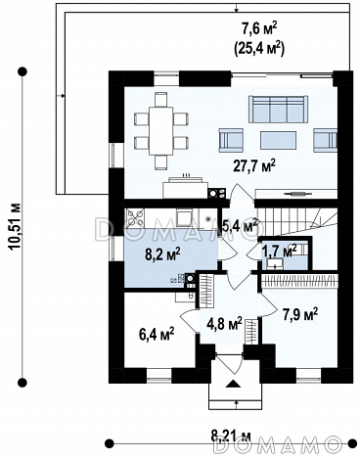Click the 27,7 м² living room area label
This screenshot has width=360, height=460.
pyautogui.click(x=255, y=165)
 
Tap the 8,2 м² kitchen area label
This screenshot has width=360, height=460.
pyautogui.click(x=162, y=254)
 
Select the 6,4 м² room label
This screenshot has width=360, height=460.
pyautogui.click(x=157, y=335)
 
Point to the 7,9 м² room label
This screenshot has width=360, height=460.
pyautogui.click(x=300, y=315)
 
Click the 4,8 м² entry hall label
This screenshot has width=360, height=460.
pyautogui.click(x=224, y=325)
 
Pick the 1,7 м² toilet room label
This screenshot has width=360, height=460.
pyautogui.click(x=280, y=251)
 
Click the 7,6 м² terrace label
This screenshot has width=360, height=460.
pyautogui.click(x=259, y=29)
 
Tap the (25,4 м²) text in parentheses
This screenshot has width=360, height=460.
pyautogui.click(x=259, y=48)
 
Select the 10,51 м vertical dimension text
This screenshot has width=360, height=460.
pyautogui.click(x=15, y=227)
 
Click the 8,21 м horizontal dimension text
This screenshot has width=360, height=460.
pyautogui.click(x=231, y=436)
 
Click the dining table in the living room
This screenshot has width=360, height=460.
pyautogui.click(x=160, y=131)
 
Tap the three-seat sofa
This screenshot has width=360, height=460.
pyautogui.click(x=278, y=109)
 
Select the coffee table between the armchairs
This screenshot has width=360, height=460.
pyautogui.click(x=278, y=140)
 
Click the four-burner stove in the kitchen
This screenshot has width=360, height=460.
pyautogui.click(x=135, y=217)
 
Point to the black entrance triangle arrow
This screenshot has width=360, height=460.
pyautogui.click(x=234, y=384)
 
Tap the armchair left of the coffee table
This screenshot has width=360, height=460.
pyautogui.click(x=231, y=140)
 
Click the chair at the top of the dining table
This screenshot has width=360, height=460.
pyautogui.click(x=160, y=100)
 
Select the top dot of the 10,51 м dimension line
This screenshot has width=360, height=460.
pyautogui.click(x=22, y=71)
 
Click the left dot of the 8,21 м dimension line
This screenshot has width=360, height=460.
pyautogui.click(x=110, y=443)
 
